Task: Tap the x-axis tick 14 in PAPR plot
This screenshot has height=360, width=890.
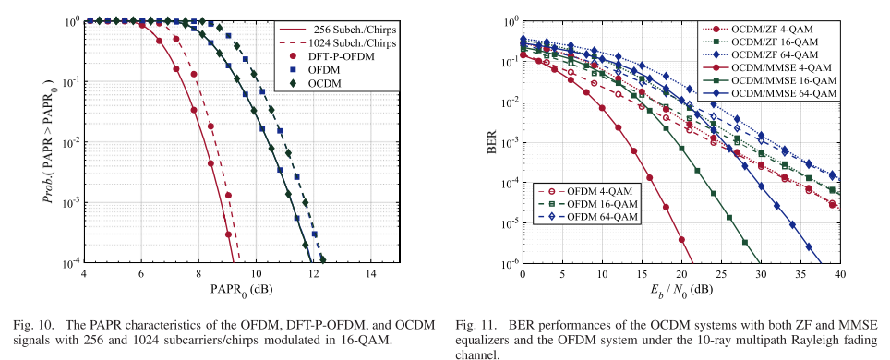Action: coord(371,274)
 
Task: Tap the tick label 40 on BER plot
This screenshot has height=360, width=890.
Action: coord(838,275)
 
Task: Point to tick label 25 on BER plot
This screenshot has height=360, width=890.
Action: coord(720,275)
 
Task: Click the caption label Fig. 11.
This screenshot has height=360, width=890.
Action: coord(480,325)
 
